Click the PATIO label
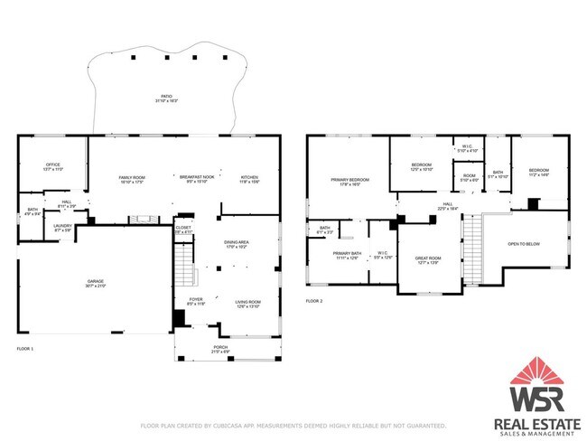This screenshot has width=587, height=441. click(x=166, y=95)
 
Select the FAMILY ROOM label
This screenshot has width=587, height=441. click(x=133, y=177)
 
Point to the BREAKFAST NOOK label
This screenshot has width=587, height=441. click(x=196, y=177)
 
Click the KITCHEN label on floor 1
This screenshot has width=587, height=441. click(x=249, y=177)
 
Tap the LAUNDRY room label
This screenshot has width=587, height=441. click(x=62, y=227)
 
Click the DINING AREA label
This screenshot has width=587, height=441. click(x=237, y=243)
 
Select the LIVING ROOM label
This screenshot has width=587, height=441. click(x=247, y=303)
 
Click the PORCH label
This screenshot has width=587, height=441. click(x=219, y=349)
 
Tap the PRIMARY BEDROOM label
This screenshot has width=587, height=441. click(x=349, y=181)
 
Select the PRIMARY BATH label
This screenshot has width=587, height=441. click(x=347, y=254)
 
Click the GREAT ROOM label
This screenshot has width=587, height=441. click(x=426, y=259)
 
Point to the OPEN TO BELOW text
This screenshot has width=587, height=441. click(x=524, y=244)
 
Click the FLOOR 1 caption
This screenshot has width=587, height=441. click(x=25, y=348)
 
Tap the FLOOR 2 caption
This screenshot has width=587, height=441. click(x=313, y=299)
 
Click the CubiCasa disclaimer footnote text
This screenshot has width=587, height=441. click(x=293, y=425)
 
